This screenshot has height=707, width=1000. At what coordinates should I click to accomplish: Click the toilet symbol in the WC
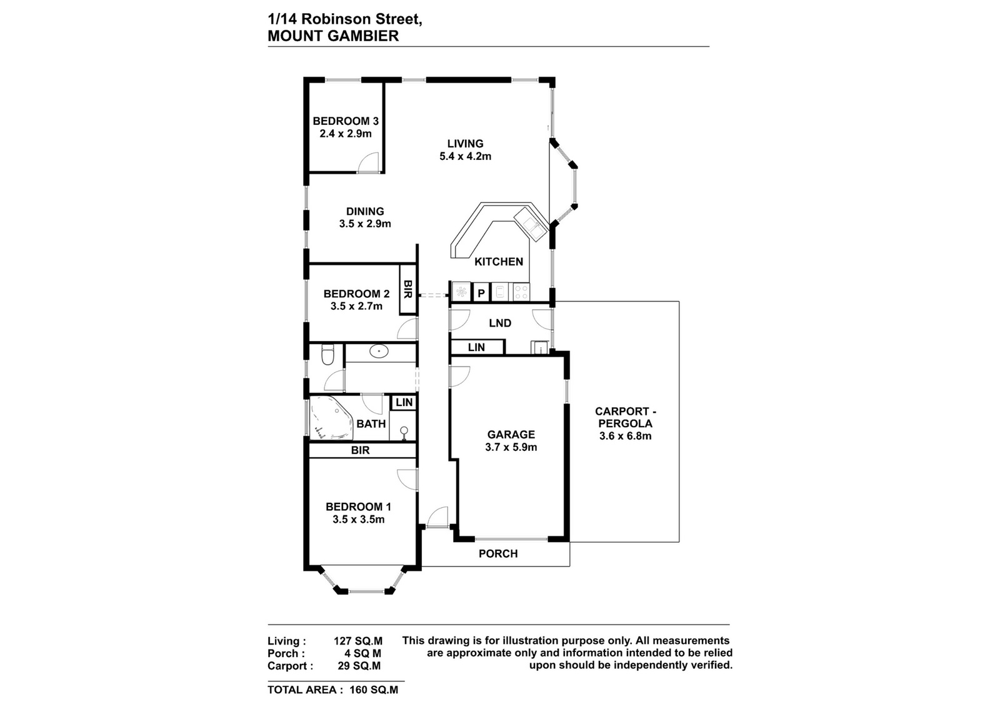pos(327,355)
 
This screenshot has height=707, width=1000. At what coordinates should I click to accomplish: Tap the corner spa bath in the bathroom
pos(331,418)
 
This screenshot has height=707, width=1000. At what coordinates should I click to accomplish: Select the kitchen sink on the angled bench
pos(531,224)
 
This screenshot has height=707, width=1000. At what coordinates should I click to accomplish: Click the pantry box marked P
pos(481,293)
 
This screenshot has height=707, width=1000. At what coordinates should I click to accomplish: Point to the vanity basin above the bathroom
pos(379,352)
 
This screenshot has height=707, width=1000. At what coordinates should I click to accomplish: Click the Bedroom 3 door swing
pos(369,162)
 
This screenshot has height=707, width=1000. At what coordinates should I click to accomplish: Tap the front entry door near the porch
pos(437,517)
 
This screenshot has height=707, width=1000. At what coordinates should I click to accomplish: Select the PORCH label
pos(498,553)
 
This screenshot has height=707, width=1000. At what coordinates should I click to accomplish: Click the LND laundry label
pos(500,323)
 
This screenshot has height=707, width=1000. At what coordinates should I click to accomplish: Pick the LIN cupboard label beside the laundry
pos(476,347)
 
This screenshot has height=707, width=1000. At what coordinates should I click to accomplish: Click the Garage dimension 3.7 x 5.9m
pos(511,447)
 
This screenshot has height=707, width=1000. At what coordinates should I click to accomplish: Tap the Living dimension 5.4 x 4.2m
pos(466,156)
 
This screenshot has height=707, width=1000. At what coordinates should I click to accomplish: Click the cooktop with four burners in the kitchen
pos(521,293)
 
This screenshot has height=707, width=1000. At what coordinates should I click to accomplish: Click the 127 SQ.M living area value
pos(358,641)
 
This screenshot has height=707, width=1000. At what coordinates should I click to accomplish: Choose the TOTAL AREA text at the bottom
pos(306,690)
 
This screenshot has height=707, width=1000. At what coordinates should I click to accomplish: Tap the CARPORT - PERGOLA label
pos(626,417)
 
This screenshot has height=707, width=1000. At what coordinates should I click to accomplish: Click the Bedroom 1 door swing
pos(407,480)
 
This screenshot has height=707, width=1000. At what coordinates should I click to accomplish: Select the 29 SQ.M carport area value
pos(359,666)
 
